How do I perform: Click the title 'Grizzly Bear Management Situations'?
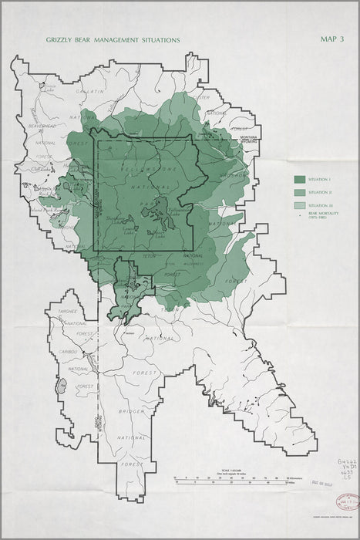pos(113,39)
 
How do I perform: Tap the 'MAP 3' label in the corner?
pos(333,39)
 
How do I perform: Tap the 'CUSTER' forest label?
pos(203,97)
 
